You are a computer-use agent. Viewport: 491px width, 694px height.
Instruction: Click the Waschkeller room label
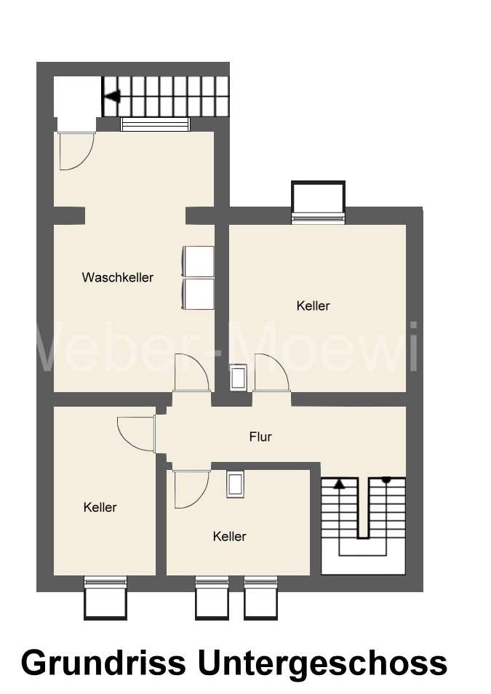118,277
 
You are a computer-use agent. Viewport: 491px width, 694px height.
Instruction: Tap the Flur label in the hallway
260,437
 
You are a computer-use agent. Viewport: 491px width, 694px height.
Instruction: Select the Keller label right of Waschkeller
313,306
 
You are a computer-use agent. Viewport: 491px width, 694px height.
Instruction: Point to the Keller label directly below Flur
229,536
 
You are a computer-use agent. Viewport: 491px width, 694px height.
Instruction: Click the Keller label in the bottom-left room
100,507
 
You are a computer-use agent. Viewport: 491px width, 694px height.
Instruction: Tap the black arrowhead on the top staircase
111,95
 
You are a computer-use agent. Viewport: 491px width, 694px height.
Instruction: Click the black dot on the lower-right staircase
386,479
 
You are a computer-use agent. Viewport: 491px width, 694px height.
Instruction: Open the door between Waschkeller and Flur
192,374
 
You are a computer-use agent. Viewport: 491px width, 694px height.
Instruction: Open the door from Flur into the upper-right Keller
273,374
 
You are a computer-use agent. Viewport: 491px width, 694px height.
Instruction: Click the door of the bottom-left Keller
137,435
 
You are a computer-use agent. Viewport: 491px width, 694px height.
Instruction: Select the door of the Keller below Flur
191,487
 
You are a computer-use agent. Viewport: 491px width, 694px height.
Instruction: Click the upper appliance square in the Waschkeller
198,261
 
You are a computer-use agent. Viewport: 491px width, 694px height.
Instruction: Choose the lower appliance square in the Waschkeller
198,294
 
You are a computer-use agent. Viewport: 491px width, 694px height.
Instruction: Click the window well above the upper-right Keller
317,199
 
